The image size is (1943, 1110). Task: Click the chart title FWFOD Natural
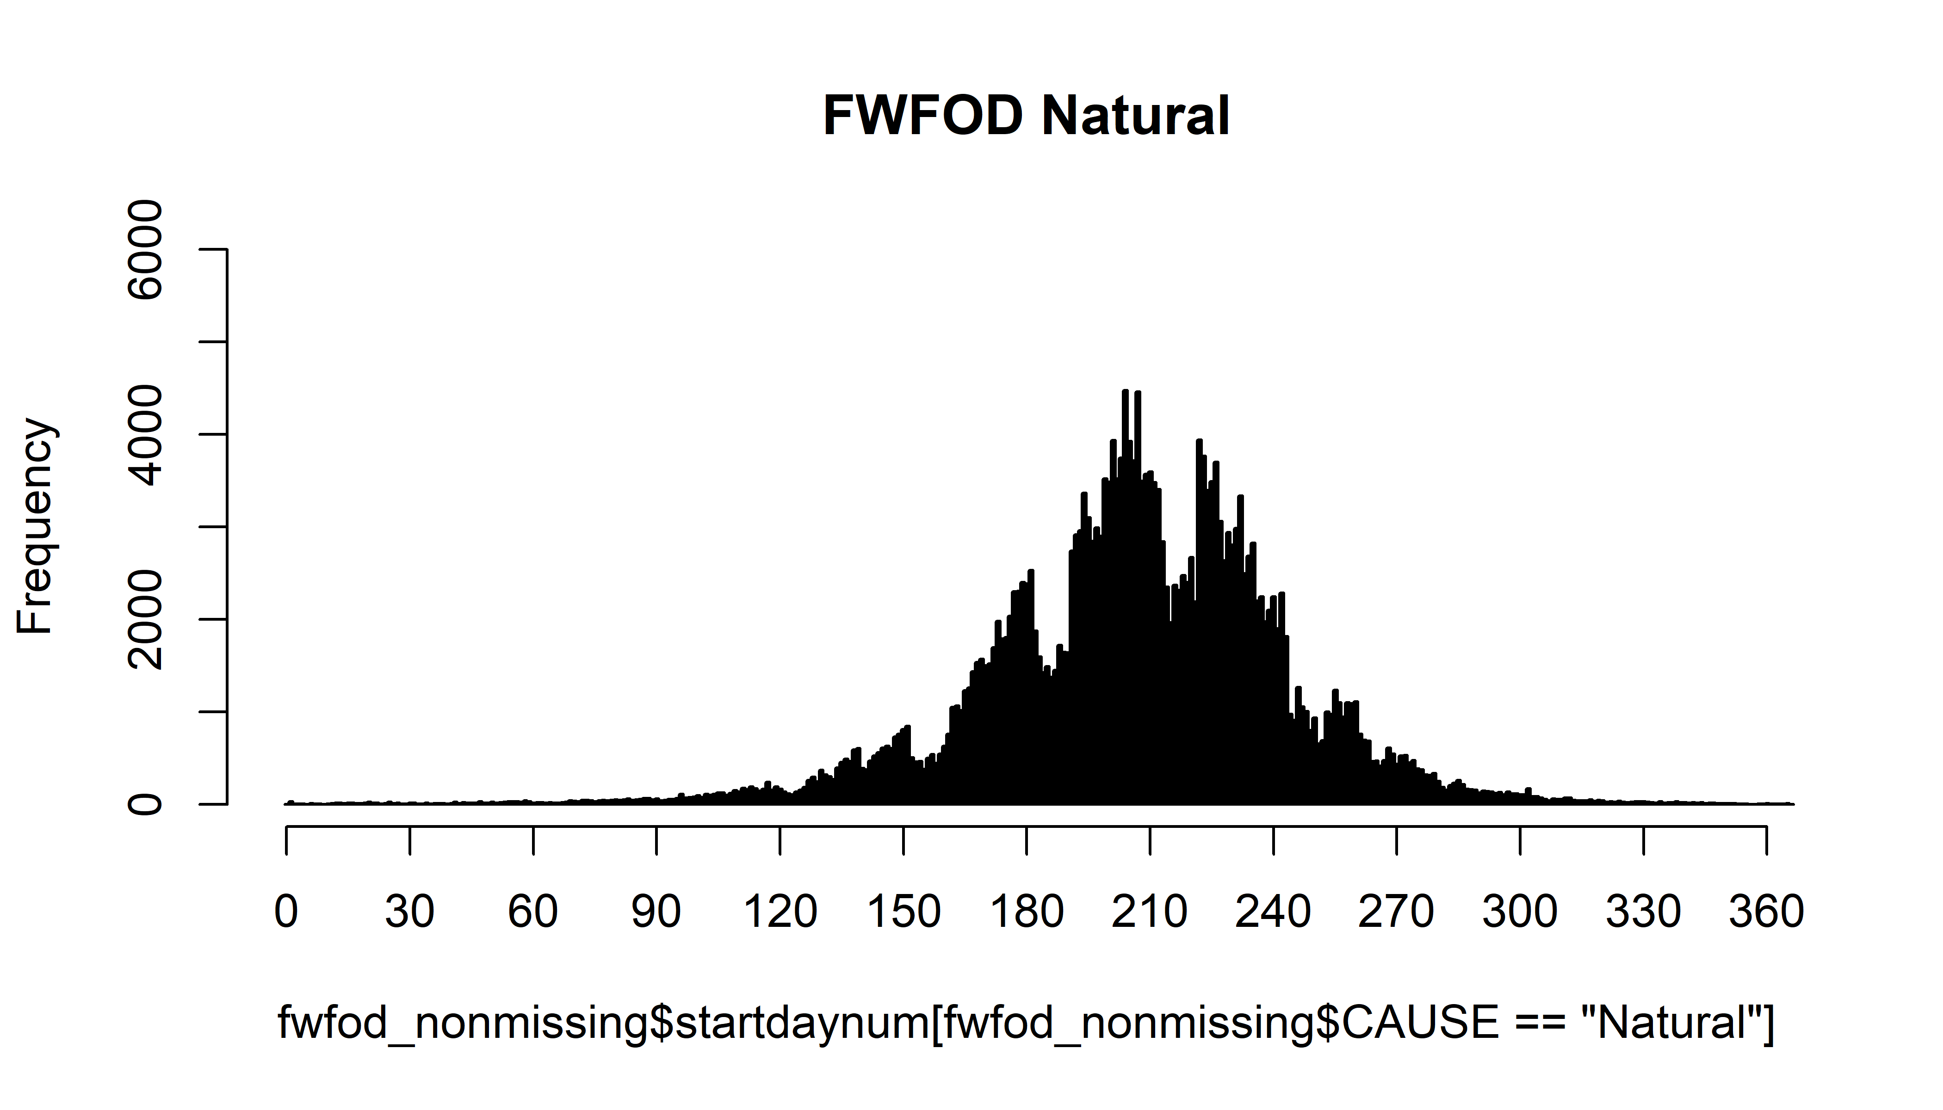coord(1027,116)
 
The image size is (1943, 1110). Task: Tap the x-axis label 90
coord(656,911)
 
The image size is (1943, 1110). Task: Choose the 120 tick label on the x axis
coord(780,911)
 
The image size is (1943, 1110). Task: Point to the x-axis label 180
coord(1027,911)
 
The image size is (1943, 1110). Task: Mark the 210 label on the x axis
coord(1150,911)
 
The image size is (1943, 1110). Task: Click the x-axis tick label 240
coord(1274,911)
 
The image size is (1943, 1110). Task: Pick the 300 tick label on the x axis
coord(1520,911)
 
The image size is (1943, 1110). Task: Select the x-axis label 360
coord(1766,911)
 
